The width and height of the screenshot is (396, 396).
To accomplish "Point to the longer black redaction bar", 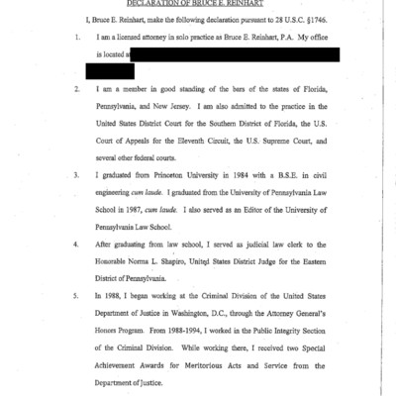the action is point(235,53).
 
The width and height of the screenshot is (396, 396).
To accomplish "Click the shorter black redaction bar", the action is point(109,70).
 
